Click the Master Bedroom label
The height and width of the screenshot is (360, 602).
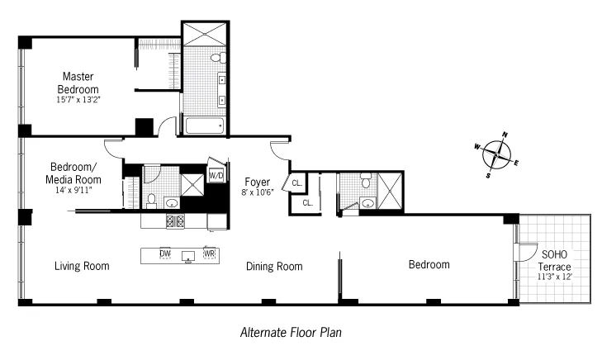[x=78, y=83]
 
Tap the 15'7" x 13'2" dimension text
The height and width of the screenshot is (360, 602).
[x=78, y=101]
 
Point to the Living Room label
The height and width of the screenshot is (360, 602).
[x=82, y=266]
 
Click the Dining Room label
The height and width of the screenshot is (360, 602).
[x=274, y=266]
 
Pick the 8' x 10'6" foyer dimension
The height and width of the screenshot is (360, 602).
[x=257, y=192]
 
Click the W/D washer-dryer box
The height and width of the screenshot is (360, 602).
[x=216, y=175]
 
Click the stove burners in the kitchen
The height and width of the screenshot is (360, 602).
[x=175, y=220]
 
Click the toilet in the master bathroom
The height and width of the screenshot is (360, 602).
[x=217, y=58]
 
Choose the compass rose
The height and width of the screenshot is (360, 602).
[x=497, y=154]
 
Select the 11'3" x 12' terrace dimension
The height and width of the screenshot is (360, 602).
[x=554, y=278]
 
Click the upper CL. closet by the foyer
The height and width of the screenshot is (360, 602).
[x=296, y=182]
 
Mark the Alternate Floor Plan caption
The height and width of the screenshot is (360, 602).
[x=291, y=333]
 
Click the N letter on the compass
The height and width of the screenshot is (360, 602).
[x=505, y=135]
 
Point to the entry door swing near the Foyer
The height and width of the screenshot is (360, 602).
[x=279, y=150]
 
